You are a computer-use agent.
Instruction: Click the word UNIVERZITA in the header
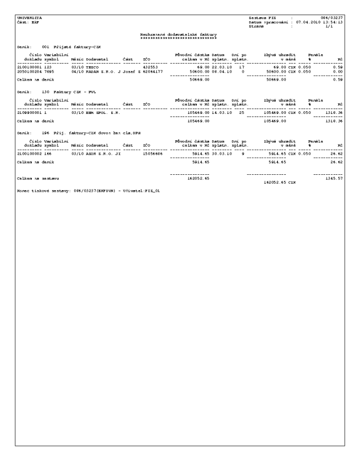pos(25,17)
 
